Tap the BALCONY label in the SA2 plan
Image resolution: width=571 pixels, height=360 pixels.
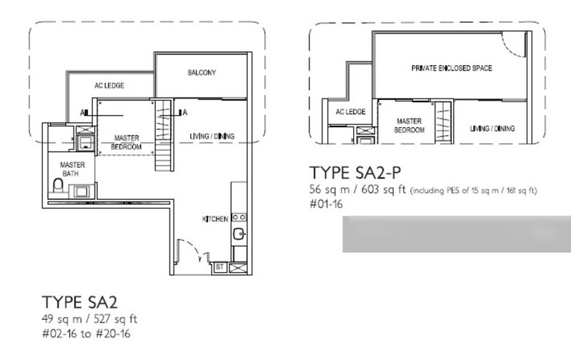click(202, 73)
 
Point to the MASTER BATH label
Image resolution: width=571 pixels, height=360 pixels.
click(73, 169)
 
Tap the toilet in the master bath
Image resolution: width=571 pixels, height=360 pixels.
click(58, 188)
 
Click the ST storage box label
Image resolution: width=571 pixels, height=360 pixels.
click(219, 266)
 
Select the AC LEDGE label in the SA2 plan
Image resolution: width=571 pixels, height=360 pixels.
click(109, 85)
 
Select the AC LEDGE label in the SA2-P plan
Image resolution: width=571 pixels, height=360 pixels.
click(350, 112)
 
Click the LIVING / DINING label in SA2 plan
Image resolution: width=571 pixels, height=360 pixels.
click(212, 136)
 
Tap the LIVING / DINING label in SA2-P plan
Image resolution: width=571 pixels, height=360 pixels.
click(492, 129)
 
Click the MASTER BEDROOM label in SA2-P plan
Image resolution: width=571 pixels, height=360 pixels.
click(409, 126)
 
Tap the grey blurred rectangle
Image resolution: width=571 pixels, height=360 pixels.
click(456, 235)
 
